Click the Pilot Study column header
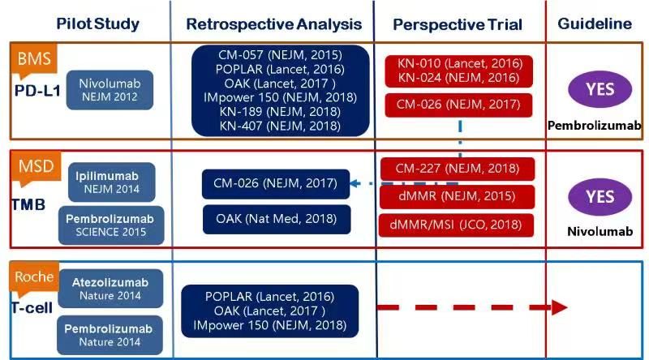click(x=97, y=24)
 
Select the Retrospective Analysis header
click(x=267, y=24)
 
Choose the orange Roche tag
click(x=34, y=276)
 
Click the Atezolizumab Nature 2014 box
click(x=110, y=289)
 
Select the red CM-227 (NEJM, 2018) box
click(x=458, y=169)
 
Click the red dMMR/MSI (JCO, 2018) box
click(x=458, y=225)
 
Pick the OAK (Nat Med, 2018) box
click(x=276, y=219)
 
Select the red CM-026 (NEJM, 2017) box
click(x=458, y=105)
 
